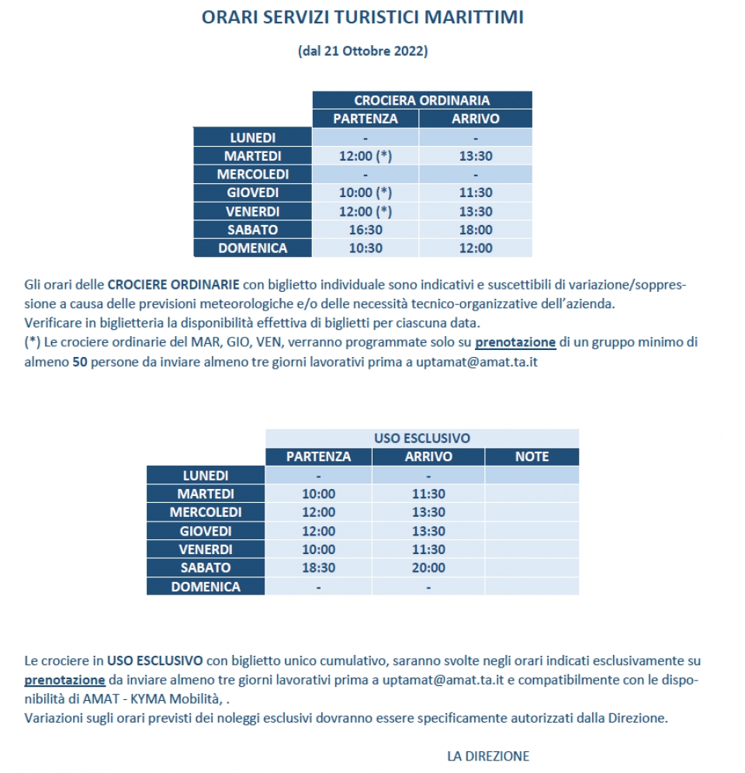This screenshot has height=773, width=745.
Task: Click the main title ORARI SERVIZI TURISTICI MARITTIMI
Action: (362, 17)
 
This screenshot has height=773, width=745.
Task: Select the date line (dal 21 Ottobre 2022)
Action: (362, 51)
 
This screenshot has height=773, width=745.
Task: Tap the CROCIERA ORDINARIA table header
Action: (421, 100)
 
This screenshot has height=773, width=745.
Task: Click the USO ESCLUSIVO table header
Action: (421, 438)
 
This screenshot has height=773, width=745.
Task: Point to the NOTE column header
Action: (532, 456)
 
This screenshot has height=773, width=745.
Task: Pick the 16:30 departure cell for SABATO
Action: (365, 230)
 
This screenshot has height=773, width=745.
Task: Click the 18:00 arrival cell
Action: (475, 230)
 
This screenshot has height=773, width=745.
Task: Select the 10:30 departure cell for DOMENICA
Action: (365, 248)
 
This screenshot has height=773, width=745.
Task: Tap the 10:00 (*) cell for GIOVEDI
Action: (365, 192)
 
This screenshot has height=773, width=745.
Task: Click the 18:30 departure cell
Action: (318, 568)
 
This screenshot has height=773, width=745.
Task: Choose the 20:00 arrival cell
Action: (428, 568)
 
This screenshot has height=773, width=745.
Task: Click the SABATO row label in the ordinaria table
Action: (252, 230)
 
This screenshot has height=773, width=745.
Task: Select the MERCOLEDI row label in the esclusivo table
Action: (206, 512)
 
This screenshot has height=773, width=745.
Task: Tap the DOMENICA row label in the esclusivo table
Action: (206, 587)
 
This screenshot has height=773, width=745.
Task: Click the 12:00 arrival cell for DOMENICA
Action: (475, 248)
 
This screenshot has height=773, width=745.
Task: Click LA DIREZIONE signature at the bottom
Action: (488, 756)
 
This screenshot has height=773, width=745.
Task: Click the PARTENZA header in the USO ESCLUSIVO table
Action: (318, 456)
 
